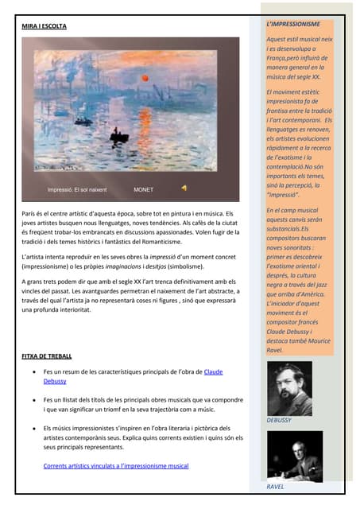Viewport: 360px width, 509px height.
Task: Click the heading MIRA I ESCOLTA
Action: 44,27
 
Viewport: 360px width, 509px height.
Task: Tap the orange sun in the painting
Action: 145,78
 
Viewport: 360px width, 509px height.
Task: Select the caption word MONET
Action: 144,190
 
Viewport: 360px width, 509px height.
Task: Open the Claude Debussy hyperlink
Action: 213,371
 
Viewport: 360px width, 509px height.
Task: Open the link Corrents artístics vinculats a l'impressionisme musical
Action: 116,465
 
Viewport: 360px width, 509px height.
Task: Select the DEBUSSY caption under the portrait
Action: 279,419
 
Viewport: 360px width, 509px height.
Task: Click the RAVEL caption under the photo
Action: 275,486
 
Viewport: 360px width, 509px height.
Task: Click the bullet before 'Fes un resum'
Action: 32,372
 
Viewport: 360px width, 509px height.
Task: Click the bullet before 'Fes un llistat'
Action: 32,400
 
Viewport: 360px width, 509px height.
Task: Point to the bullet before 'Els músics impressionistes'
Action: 32,429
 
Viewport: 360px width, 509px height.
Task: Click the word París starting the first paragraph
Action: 29,214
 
